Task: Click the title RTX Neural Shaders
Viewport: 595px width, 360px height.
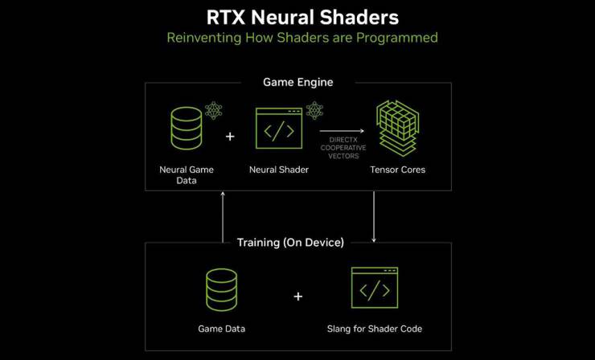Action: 302,18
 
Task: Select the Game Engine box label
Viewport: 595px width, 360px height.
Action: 297,82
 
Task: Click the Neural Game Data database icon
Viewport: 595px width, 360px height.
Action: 187,129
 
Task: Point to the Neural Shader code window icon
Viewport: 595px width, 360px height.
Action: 279,129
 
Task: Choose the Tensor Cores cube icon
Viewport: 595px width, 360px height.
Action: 397,129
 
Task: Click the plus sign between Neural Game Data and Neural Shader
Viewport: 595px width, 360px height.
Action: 230,136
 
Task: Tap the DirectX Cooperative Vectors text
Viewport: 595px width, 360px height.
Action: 343,148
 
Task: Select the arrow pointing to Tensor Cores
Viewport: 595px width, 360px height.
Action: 342,131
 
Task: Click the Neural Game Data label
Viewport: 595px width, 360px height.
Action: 187,175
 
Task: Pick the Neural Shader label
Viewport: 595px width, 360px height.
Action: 279,170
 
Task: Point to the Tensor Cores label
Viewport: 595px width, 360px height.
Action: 398,170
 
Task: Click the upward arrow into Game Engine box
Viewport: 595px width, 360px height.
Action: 223,217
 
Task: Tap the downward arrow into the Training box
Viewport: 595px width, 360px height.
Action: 374,217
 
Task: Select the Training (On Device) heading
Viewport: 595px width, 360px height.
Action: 290,243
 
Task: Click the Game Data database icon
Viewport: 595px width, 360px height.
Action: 222,290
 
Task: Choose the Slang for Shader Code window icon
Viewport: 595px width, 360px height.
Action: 375,288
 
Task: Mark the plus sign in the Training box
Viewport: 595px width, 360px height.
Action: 298,297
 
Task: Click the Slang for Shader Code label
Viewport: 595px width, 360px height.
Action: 375,329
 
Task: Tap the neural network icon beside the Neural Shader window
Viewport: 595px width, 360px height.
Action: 314,110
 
